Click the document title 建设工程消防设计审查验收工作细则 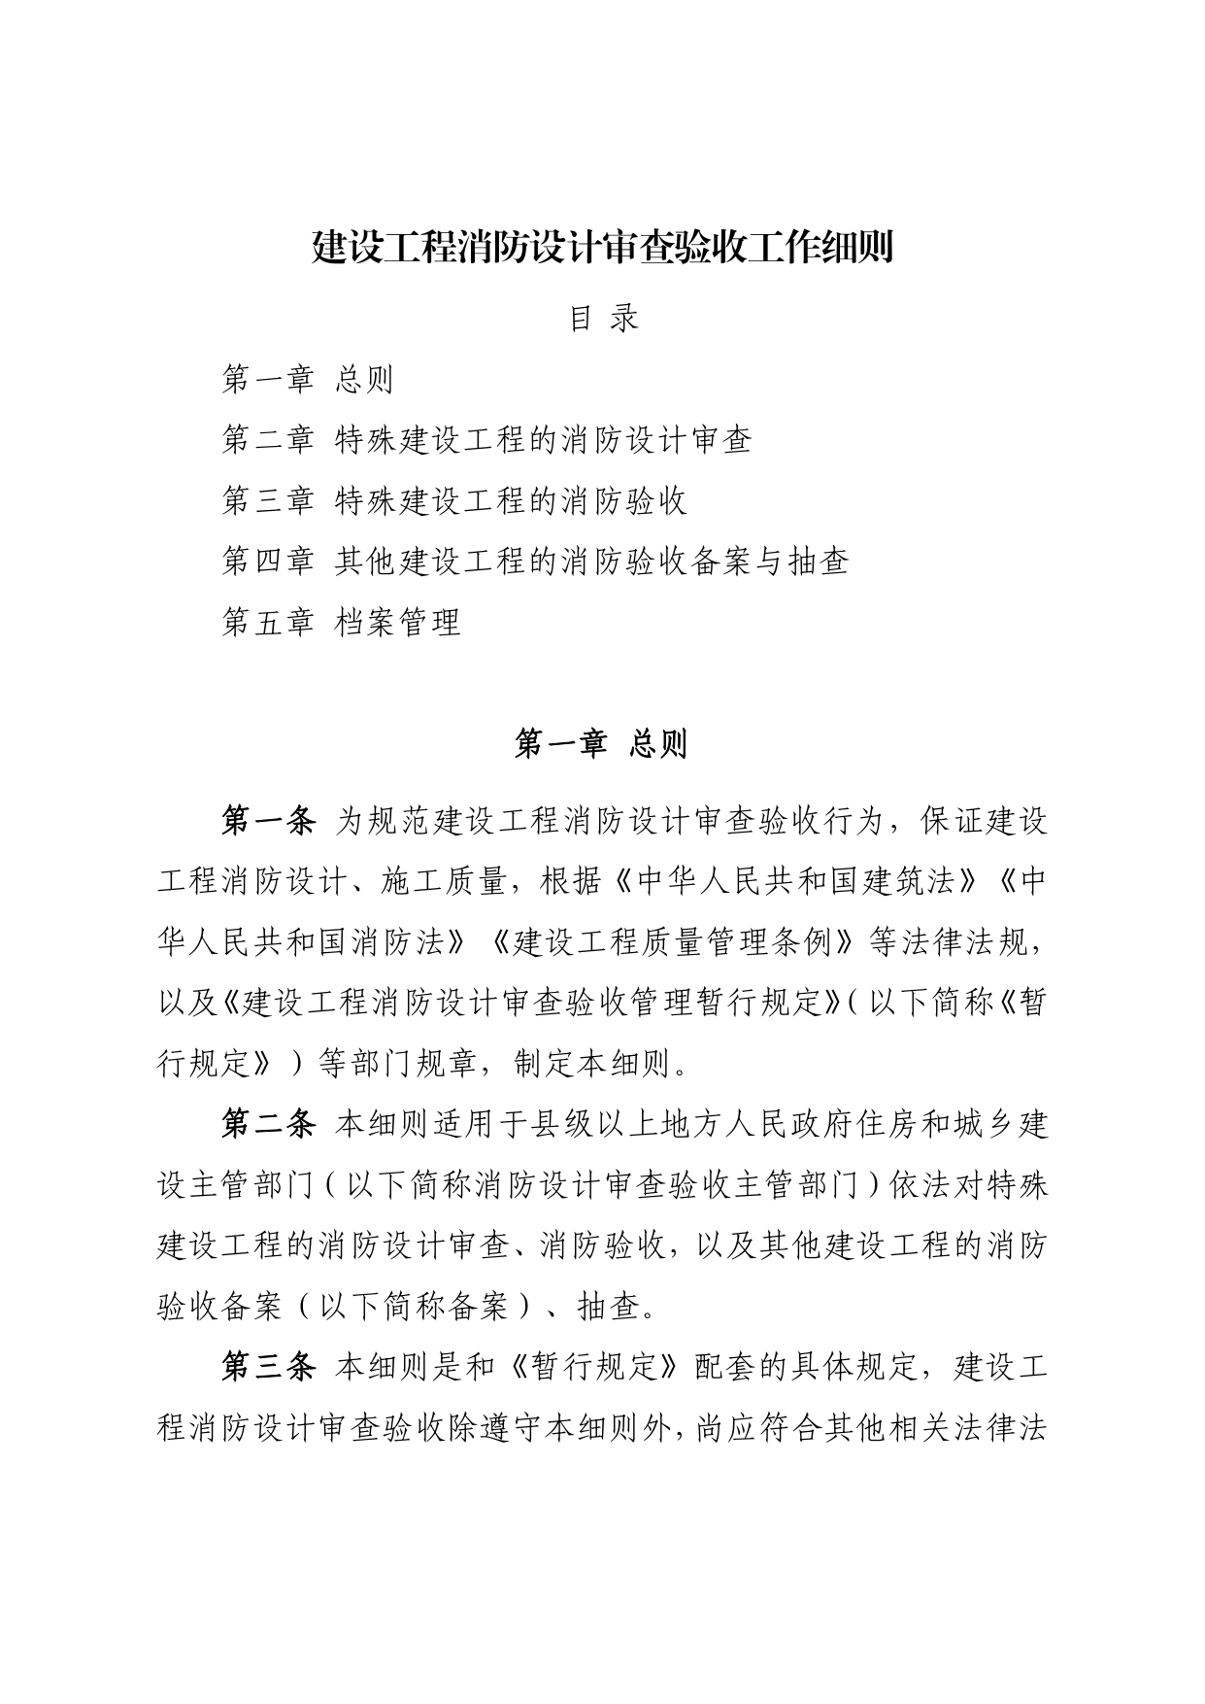[602, 249]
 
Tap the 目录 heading [603, 318]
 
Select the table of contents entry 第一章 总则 [307, 380]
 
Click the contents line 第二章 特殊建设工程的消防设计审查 [486, 440]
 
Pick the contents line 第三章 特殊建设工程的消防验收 [454, 501]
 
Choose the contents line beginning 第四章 [535, 562]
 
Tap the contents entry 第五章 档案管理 [341, 622]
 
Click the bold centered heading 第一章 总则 [601, 744]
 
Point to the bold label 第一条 [268, 822]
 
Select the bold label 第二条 [268, 1125]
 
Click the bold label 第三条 [268, 1368]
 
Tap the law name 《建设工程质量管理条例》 [671, 943]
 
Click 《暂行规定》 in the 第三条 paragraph [595, 1368]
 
